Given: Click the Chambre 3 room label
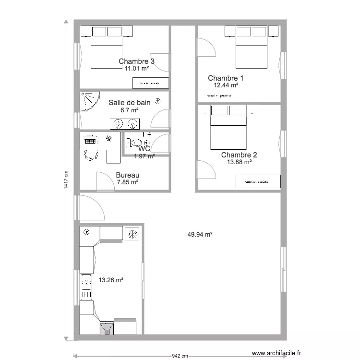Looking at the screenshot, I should click(x=136, y=61).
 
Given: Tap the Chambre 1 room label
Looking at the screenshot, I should click(x=226, y=78).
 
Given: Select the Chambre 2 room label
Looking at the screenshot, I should click(x=239, y=155).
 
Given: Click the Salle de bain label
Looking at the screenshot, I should click(x=129, y=102).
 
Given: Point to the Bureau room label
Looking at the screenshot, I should click(x=127, y=175).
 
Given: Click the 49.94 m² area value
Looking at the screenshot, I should click(x=200, y=235).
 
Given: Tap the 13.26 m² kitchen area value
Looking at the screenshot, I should click(x=111, y=279).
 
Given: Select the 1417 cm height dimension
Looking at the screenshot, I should click(x=66, y=180).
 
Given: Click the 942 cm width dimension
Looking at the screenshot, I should click(x=180, y=356).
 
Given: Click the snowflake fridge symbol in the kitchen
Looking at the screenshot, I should click(x=132, y=235).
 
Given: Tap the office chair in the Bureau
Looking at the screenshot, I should click(x=90, y=155).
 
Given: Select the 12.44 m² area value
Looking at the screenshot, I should click(x=226, y=85).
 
